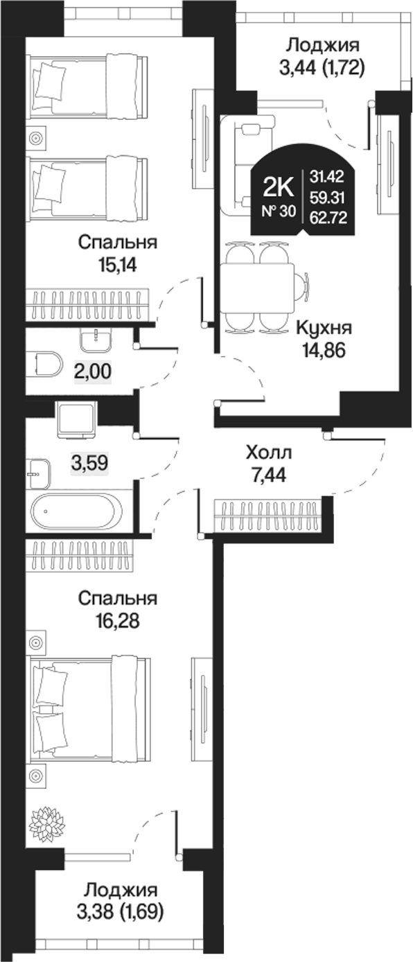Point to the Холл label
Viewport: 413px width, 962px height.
point(270,453)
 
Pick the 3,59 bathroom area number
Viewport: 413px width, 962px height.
point(90,462)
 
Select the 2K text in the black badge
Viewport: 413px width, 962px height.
point(280,186)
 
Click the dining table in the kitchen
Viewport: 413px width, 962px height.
point(258,287)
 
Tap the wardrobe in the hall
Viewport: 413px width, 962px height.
point(267,516)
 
